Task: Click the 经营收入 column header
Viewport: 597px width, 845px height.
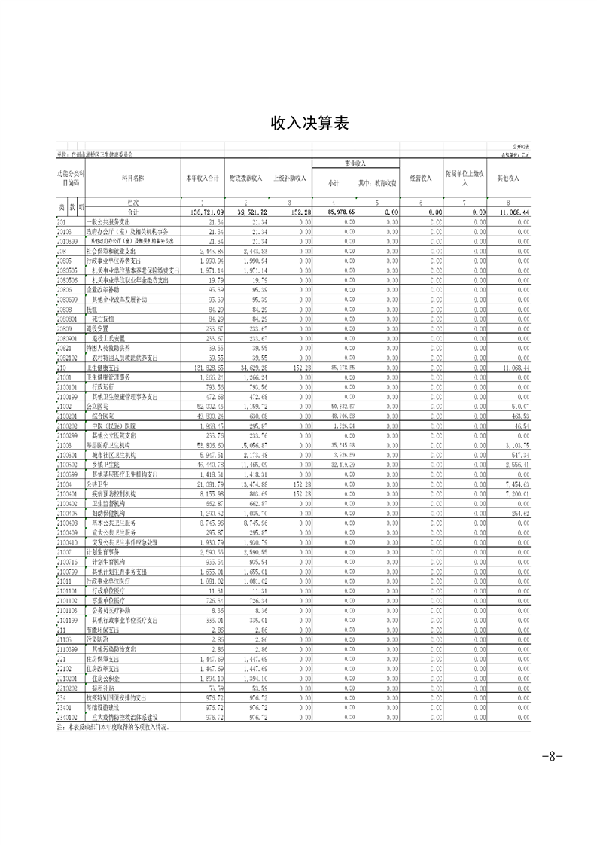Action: pyautogui.click(x=420, y=178)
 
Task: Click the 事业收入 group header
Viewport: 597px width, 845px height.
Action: pyautogui.click(x=355, y=163)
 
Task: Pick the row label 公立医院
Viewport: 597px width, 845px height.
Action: pyautogui.click(x=99, y=405)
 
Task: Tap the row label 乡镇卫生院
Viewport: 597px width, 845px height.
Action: pyautogui.click(x=106, y=466)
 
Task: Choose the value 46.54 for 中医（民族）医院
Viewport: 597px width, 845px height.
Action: pyautogui.click(x=519, y=425)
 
